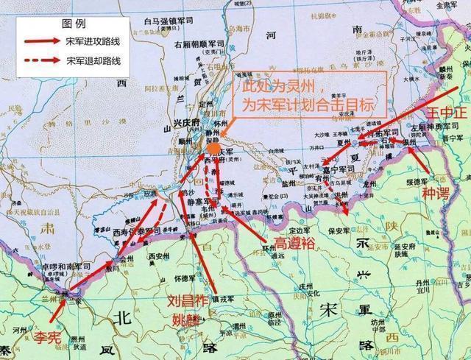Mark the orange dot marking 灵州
[213, 148]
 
